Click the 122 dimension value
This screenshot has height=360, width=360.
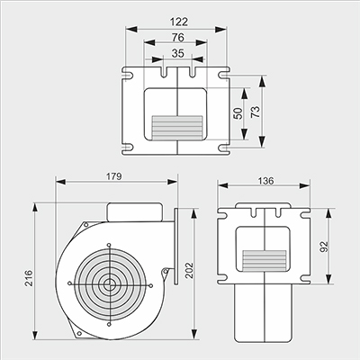(179, 22)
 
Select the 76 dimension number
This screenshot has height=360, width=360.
(178, 38)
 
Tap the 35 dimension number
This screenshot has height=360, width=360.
(177, 53)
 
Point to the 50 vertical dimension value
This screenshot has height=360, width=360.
(238, 113)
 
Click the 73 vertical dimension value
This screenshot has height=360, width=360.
(255, 112)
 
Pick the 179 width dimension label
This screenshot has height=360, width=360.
(114, 176)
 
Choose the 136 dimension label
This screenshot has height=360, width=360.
(265, 181)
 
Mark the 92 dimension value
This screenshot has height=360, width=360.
(324, 247)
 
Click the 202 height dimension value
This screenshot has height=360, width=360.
(189, 271)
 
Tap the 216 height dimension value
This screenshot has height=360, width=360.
(29, 278)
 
